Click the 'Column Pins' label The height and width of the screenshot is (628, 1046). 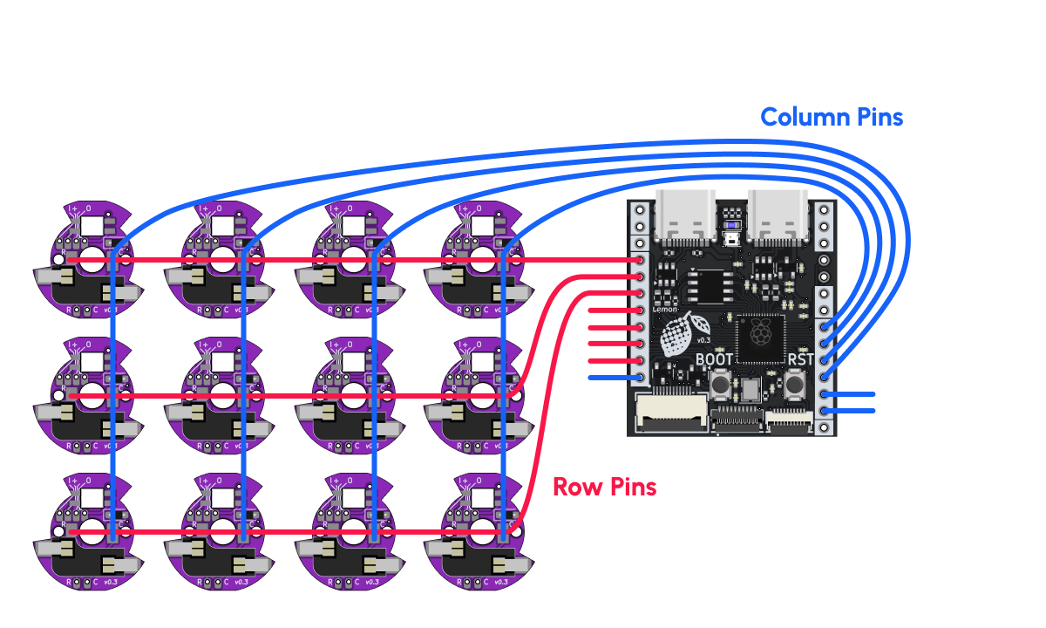832,117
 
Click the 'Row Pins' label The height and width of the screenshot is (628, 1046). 604,487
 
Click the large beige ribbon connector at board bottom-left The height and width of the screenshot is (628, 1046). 670,411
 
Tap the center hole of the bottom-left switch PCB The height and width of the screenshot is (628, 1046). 92,531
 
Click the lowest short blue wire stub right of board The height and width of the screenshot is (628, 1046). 850,410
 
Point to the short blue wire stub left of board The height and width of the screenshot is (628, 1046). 615,378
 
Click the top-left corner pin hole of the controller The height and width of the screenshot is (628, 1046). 641,211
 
